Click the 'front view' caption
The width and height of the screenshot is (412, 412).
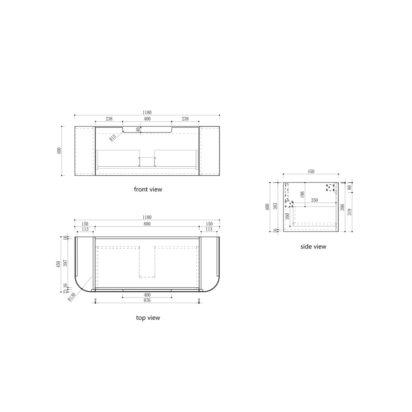tap(148, 189)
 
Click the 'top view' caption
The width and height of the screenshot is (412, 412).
tap(148, 317)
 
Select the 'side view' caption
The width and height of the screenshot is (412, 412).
tap(313, 247)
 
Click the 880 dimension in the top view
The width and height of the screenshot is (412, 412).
tap(147, 224)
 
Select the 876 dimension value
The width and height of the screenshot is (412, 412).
tap(147, 301)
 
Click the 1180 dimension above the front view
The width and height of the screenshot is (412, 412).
tap(147, 113)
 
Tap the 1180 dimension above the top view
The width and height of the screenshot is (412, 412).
tap(147, 217)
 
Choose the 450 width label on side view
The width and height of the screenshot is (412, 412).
tap(311, 172)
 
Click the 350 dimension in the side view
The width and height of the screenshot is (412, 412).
tap(315, 200)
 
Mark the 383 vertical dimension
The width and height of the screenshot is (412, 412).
tap(277, 206)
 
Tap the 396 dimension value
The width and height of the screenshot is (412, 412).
tap(342, 207)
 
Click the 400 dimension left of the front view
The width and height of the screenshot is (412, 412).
tap(59, 151)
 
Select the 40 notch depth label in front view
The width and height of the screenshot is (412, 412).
tap(139, 130)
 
